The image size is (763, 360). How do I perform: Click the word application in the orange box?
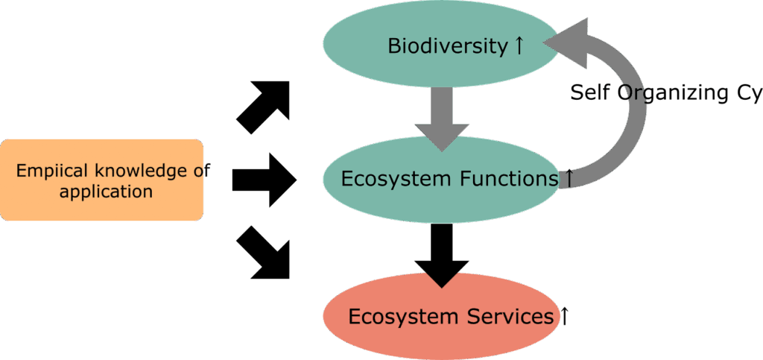[x=106, y=192]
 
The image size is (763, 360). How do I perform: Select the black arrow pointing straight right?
[x=263, y=179]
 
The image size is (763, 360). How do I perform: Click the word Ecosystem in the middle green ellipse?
[x=395, y=179]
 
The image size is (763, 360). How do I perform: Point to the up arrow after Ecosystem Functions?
[x=569, y=178]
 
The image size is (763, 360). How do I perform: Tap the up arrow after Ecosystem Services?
[x=564, y=317]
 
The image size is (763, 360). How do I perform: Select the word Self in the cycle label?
[x=588, y=93]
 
